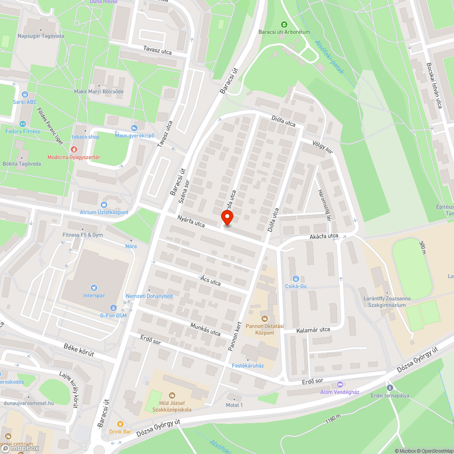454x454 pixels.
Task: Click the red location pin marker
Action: (227, 218)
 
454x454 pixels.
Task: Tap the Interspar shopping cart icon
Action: (94, 287)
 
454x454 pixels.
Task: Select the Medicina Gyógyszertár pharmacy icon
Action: (74, 149)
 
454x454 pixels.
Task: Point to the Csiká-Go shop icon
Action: (296, 278)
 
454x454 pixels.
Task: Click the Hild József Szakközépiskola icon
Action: (172, 395)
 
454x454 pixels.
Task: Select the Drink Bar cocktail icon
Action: (120, 424)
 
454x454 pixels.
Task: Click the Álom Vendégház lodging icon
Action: (340, 384)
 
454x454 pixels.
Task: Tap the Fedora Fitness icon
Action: (23, 123)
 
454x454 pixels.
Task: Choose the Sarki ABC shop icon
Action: (25, 94)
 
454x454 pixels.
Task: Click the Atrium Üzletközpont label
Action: (104, 212)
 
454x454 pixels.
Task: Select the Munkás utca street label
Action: (206, 330)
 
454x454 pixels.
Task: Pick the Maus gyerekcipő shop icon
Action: (134, 128)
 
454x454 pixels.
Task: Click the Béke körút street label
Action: (79, 350)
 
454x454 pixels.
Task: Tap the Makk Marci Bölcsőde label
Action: (99, 91)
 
